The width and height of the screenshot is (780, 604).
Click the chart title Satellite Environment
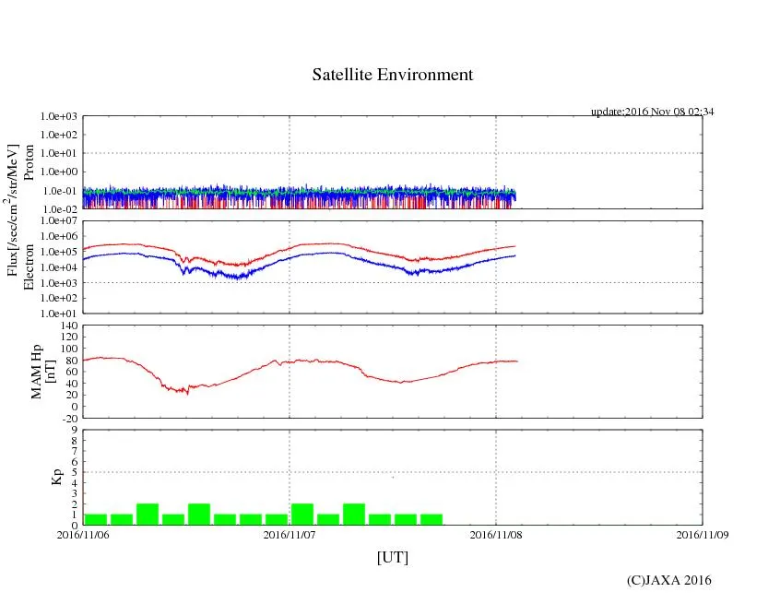pos(393,75)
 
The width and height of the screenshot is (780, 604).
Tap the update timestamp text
pos(652,112)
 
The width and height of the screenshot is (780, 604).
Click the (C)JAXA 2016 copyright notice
pos(668,580)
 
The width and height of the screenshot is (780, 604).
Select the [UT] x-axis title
pos(392,557)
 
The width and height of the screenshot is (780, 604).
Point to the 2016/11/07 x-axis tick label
pos(290,534)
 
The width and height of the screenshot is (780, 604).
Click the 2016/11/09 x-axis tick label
pos(703,534)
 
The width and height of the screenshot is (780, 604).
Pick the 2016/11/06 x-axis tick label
pos(83,534)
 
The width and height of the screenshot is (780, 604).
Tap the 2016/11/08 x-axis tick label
pos(496,534)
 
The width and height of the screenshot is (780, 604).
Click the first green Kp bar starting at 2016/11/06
pos(96,519)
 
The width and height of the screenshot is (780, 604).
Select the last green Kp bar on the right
pos(431,519)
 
